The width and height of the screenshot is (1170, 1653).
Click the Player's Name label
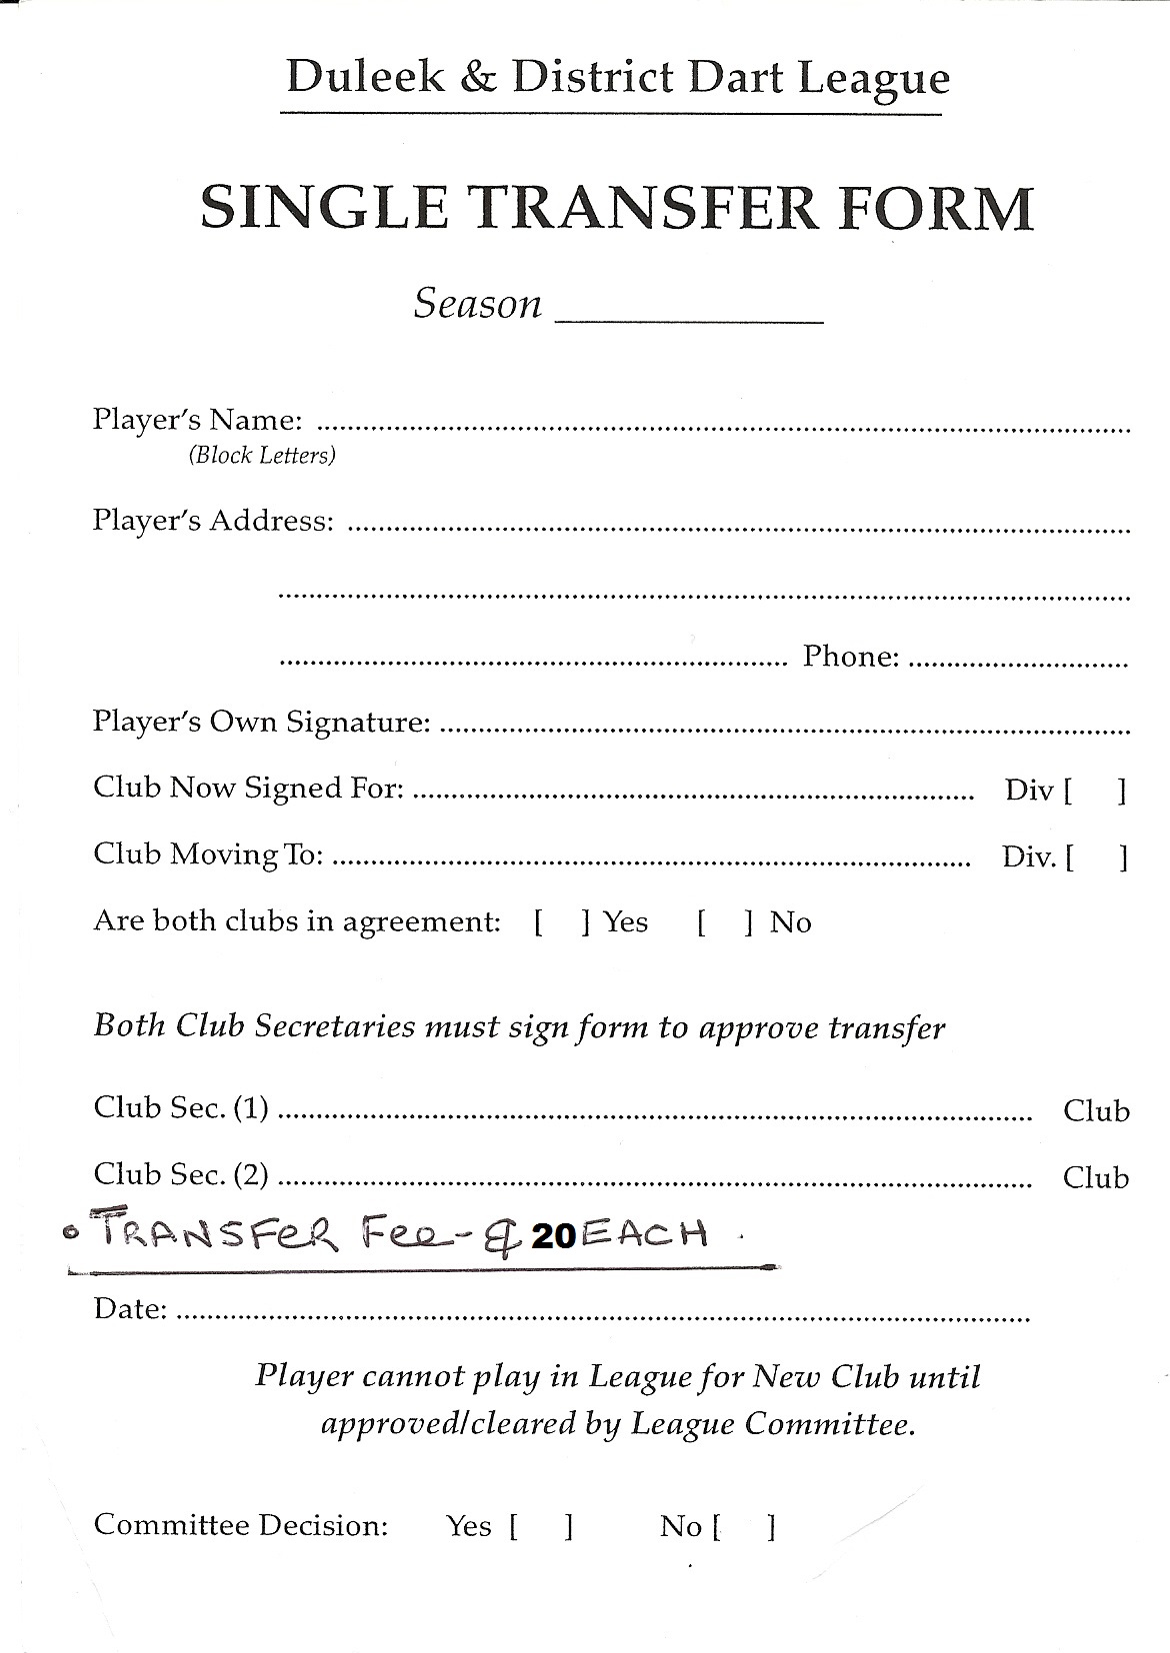[197, 420]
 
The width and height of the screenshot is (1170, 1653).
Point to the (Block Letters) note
[262, 456]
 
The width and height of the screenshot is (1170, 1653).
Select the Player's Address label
[213, 521]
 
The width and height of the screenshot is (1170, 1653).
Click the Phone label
[851, 657]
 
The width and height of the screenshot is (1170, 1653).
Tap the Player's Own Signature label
[262, 722]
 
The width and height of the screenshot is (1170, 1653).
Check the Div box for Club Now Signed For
[1095, 792]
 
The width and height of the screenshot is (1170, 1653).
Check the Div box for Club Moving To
[1097, 857]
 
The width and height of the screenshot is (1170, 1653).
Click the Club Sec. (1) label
[181, 1107]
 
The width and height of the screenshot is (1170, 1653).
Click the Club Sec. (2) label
[181, 1174]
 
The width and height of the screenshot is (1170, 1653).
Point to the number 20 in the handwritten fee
[554, 1237]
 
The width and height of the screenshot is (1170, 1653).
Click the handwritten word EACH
[643, 1235]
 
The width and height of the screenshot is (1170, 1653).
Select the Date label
[130, 1308]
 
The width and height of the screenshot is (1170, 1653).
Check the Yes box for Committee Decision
[541, 1527]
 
